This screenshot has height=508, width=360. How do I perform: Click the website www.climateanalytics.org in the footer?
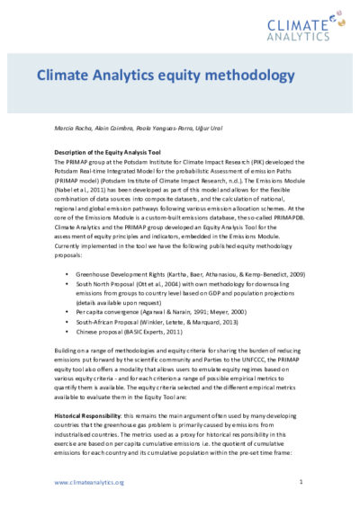(x=88, y=483)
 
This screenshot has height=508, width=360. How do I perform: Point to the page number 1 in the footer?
(x=300, y=483)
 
